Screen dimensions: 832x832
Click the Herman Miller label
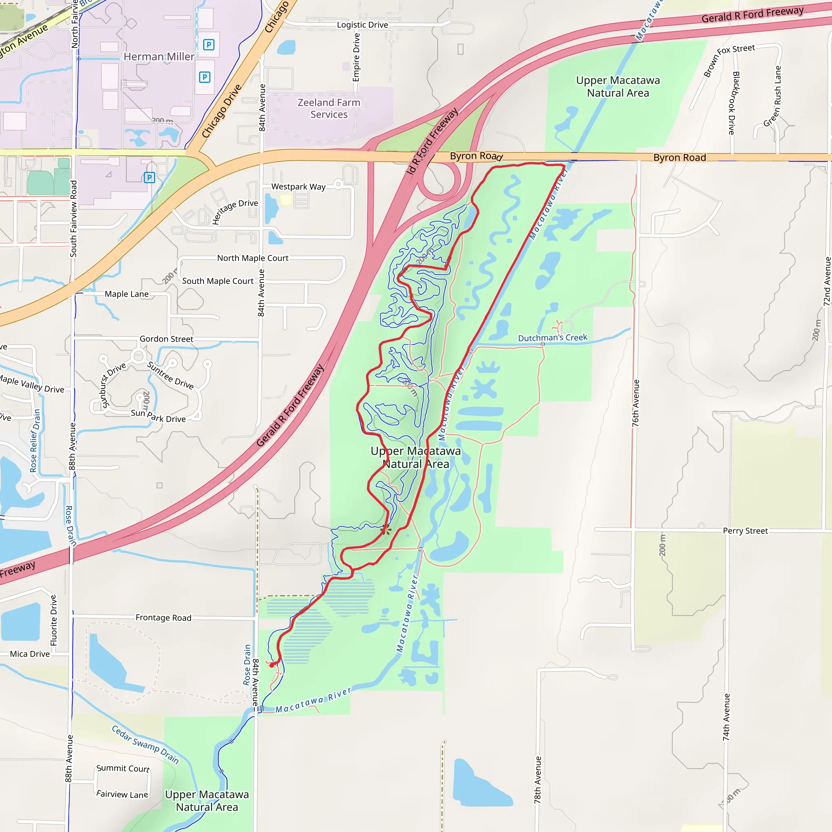159,57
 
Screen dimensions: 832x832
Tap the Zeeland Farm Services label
329,108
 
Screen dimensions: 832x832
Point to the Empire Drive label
356,57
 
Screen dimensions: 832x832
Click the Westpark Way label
298,187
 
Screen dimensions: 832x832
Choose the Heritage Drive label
235,211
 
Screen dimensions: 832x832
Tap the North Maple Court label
252,258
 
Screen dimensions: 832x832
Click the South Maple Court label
217,281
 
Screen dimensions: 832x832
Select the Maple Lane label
127,294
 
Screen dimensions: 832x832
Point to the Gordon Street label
166,339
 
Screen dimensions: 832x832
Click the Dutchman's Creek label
552,338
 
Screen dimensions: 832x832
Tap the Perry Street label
745,531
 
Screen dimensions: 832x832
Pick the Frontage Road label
163,617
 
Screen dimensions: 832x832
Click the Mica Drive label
30,654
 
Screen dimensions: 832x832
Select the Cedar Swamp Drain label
145,744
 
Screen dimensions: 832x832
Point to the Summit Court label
123,768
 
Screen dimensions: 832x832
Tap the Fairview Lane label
122,794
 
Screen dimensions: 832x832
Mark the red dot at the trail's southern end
272,665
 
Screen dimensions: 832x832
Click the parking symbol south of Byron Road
149,178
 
